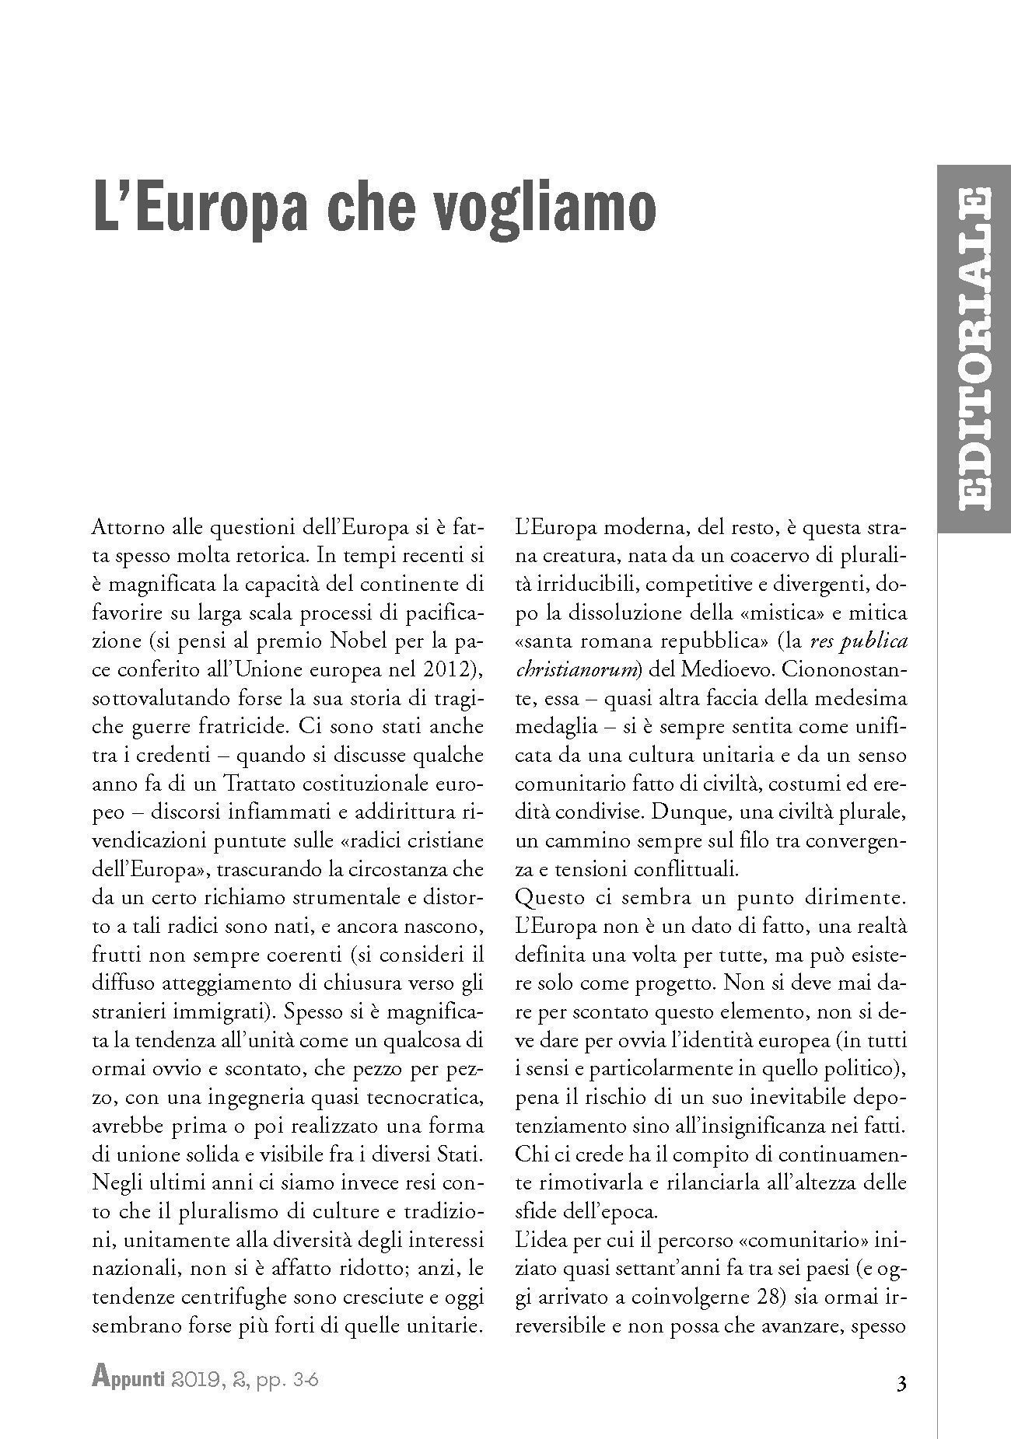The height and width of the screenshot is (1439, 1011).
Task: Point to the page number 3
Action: pyautogui.click(x=901, y=1384)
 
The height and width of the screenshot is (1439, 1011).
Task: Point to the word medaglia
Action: pyautogui.click(x=548, y=726)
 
